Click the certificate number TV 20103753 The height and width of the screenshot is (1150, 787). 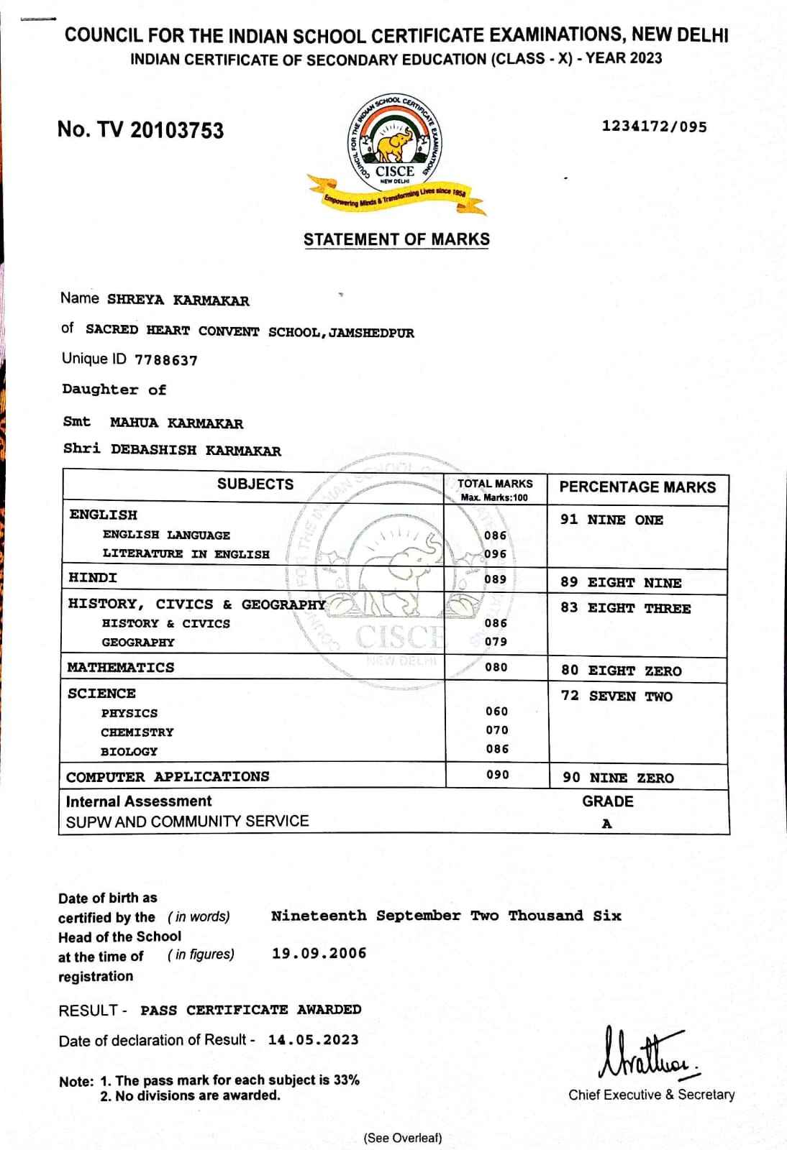(140, 130)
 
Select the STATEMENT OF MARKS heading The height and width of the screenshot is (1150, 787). (396, 239)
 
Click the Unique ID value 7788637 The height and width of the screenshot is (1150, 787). (165, 360)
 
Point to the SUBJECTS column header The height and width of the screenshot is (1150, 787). (255, 484)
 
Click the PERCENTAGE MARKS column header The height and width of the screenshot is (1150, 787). (637, 487)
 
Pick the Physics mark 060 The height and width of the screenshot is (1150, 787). (496, 712)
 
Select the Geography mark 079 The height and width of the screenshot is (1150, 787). (496, 642)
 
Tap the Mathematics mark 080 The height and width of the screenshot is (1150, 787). (496, 667)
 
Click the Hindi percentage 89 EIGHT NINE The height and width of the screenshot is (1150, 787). (621, 583)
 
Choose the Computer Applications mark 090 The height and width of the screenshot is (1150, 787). (497, 775)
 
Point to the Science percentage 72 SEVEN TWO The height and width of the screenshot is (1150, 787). (617, 696)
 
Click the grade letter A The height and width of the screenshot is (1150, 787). (607, 824)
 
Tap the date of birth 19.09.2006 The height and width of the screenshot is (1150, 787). (319, 954)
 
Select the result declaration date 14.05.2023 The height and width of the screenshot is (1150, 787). (313, 1040)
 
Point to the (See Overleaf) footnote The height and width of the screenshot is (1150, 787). (403, 1138)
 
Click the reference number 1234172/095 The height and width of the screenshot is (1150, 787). (654, 127)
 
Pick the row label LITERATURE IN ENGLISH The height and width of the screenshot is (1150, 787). (186, 554)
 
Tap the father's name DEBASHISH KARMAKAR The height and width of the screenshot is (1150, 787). (196, 451)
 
